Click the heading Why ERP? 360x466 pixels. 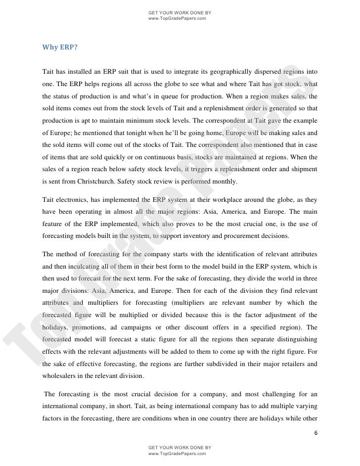tap(60, 48)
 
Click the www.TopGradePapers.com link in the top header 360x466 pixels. tap(177, 18)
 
